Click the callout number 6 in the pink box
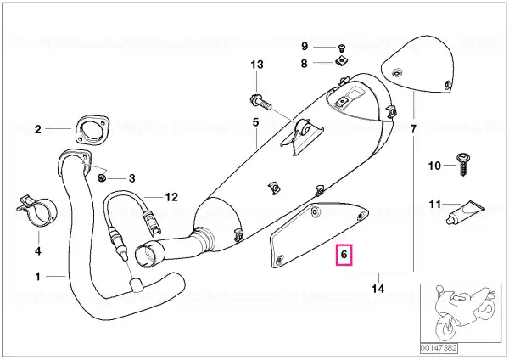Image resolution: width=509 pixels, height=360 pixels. tap(344, 254)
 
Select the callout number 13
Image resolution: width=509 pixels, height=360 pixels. tap(257, 65)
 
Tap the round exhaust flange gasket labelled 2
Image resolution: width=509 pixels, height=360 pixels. tap(92, 129)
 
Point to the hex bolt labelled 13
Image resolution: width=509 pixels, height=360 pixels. tap(260, 102)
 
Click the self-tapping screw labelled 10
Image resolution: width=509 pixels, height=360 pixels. tap(463, 165)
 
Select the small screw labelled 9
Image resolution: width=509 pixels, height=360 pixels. tap(342, 48)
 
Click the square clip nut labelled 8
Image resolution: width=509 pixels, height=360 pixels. tap(340, 61)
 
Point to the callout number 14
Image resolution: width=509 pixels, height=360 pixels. tap(378, 289)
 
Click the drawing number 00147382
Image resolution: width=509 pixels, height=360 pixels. tap(439, 348)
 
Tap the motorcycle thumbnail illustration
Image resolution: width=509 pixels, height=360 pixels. tap(461, 313)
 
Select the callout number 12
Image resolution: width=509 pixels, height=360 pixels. tap(171, 197)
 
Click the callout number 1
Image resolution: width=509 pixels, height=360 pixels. tap(38, 276)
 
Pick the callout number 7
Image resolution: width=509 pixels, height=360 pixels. tap(413, 129)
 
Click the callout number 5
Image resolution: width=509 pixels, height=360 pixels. tap(256, 122)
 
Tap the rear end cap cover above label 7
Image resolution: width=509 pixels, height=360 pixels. tap(417, 64)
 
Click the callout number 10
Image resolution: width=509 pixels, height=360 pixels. tap(434, 166)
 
